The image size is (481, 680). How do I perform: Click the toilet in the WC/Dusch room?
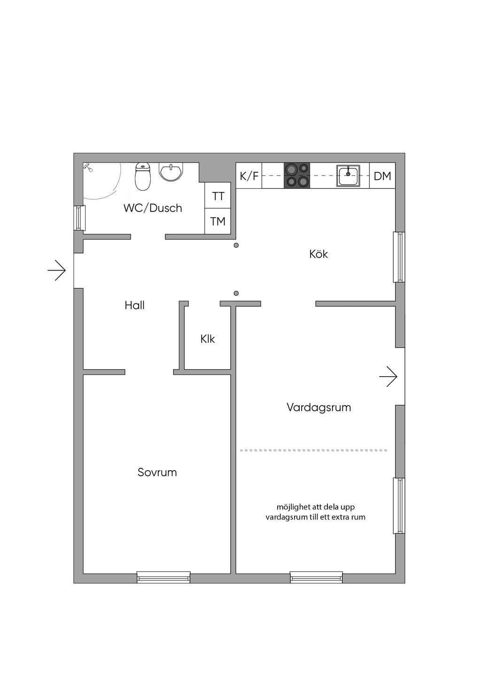tap(142, 177)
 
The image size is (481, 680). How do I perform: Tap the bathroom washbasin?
tap(171, 172)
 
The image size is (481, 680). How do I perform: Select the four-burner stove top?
tap(297, 175)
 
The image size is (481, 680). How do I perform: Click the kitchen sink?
tap(348, 176)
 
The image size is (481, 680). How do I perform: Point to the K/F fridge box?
tap(248, 176)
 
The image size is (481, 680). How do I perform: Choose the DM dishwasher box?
tap(382, 176)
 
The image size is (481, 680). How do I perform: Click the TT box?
tap(218, 195)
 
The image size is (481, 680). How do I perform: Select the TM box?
tap(218, 221)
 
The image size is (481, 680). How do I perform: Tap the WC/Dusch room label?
tap(153, 208)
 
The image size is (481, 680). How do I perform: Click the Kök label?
tap(318, 254)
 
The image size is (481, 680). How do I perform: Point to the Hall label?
tap(134, 305)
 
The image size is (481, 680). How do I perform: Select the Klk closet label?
tap(208, 339)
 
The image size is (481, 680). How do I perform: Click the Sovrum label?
tap(157, 472)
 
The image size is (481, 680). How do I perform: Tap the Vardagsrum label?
tap(319, 407)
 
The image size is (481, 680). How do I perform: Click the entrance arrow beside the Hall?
tap(57, 270)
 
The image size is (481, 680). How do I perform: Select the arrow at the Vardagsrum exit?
tap(388, 377)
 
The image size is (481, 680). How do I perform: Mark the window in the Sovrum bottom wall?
tap(163, 577)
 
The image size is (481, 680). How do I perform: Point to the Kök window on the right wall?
tap(399, 257)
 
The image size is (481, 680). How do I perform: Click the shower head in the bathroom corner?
tap(88, 167)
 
